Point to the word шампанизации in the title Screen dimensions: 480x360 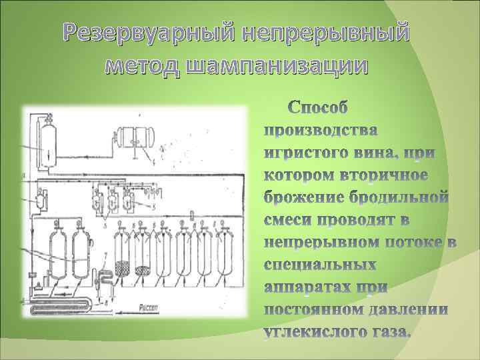(277, 67)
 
